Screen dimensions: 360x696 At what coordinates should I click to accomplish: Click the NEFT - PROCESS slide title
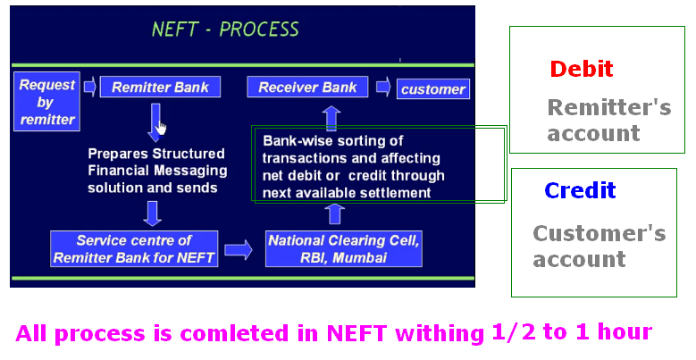pyautogui.click(x=225, y=29)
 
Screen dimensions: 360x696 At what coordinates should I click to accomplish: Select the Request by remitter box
pyautogui.click(x=47, y=102)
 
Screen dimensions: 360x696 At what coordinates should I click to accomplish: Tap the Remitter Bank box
pyautogui.click(x=160, y=88)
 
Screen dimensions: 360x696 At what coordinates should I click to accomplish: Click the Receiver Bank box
pyautogui.click(x=307, y=88)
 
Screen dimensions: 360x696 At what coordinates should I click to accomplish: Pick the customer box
pyautogui.click(x=432, y=88)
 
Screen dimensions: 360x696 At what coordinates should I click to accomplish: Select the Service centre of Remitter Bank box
pyautogui.click(x=134, y=248)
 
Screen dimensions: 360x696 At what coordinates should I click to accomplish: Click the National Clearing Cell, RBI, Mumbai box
pyautogui.click(x=344, y=248)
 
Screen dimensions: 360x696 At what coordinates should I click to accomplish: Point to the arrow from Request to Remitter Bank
pyautogui.click(x=89, y=88)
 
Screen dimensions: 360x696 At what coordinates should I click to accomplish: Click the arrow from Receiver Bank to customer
pyautogui.click(x=382, y=88)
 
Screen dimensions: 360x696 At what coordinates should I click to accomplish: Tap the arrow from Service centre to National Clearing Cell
pyautogui.click(x=238, y=249)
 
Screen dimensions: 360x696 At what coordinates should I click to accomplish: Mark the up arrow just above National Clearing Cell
pyautogui.click(x=334, y=213)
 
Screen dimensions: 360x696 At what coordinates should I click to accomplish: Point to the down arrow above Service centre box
pyautogui.click(x=152, y=213)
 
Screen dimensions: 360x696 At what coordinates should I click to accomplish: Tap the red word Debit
pyautogui.click(x=582, y=69)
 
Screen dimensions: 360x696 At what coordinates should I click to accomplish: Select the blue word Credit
pyautogui.click(x=580, y=190)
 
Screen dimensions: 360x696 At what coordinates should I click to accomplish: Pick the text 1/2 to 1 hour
pyautogui.click(x=571, y=332)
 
